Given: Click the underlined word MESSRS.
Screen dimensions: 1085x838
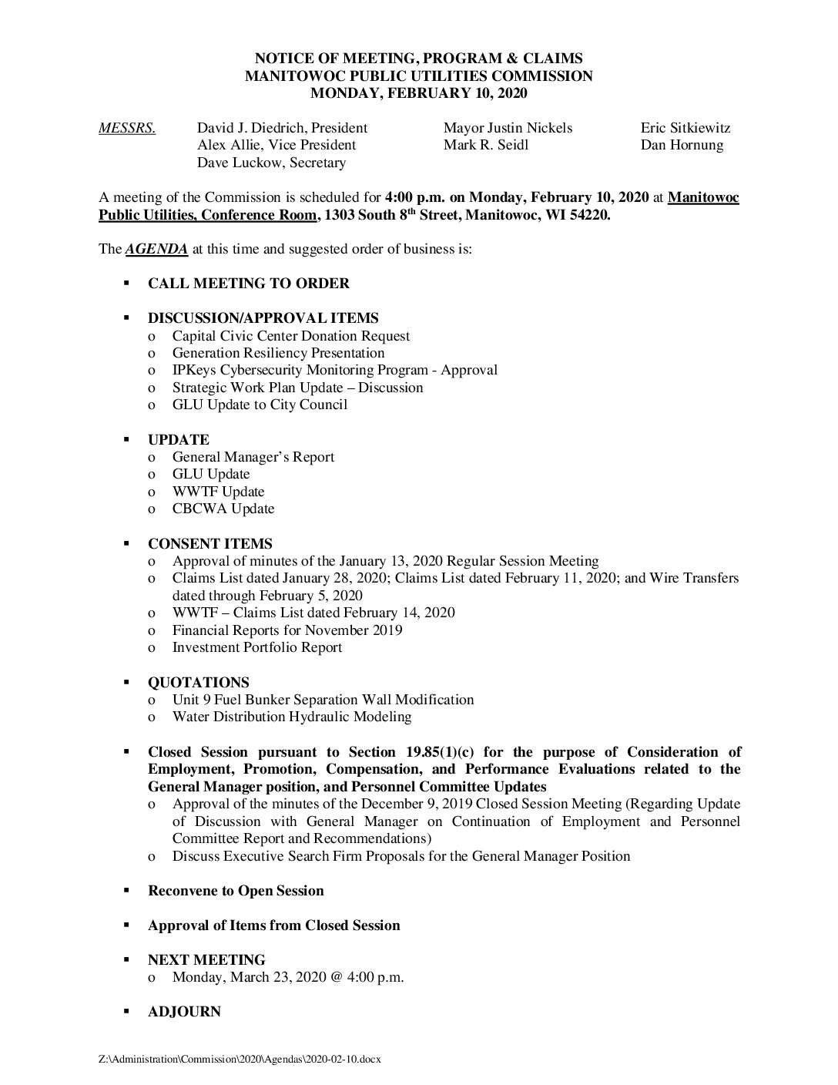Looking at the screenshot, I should pos(127,128).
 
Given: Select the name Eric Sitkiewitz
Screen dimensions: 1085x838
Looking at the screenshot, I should pos(685,128).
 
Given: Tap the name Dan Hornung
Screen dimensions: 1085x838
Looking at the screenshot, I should pos(682,145).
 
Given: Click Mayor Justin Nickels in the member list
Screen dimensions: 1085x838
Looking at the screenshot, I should pos(508,128).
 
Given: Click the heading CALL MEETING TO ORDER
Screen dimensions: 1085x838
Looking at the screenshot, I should pos(248,284).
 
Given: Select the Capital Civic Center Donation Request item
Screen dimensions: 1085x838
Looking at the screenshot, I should pos(290,336).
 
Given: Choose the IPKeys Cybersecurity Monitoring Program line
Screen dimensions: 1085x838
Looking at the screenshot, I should pos(334,370).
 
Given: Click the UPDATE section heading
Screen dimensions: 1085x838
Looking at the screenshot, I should pos(179,439).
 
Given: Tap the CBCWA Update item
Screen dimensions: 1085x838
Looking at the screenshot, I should pos(223,509).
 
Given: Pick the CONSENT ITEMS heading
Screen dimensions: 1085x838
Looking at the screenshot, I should pos(209,543).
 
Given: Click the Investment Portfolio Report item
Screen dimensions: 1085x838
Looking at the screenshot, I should pos(256,647).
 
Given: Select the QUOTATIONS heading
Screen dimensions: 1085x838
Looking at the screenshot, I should pos(199,682).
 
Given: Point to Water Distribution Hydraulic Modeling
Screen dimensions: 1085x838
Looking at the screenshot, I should pos(291,717).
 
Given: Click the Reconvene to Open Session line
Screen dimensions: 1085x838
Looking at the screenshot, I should pos(236,891).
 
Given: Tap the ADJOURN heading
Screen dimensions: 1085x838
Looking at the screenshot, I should pos(184,1012).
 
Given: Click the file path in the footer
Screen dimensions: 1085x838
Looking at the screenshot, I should pos(240,1060).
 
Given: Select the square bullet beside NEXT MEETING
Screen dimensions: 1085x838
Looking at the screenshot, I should pos(125,960).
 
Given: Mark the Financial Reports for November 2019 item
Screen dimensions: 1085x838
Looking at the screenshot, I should pos(287,630).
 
